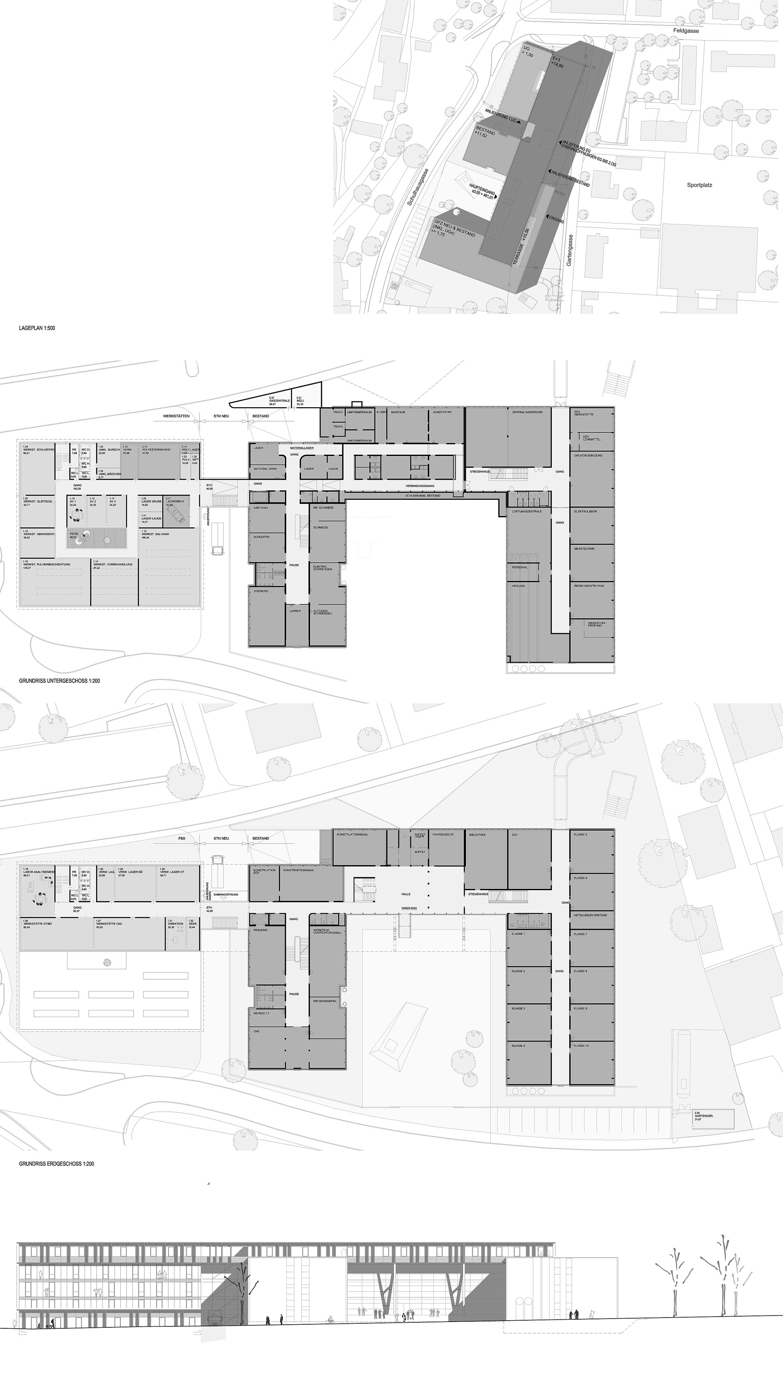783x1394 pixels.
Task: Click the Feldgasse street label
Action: click(x=686, y=31)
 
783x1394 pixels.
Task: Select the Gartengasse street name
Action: click(x=569, y=249)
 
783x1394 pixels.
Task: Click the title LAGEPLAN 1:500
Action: click(x=37, y=328)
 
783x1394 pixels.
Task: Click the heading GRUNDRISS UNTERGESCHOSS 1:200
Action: click(x=59, y=681)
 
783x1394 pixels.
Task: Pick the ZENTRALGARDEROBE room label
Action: click(x=524, y=412)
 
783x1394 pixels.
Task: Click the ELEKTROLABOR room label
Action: click(x=585, y=511)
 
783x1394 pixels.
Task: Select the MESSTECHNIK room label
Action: click(x=584, y=549)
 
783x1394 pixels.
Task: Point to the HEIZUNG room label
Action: click(x=518, y=586)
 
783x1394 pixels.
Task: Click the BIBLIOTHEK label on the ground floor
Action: click(x=477, y=834)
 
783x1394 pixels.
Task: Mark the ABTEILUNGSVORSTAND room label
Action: click(x=590, y=915)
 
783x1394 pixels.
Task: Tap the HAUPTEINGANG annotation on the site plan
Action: click(x=482, y=191)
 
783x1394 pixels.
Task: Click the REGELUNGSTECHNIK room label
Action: click(x=589, y=586)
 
